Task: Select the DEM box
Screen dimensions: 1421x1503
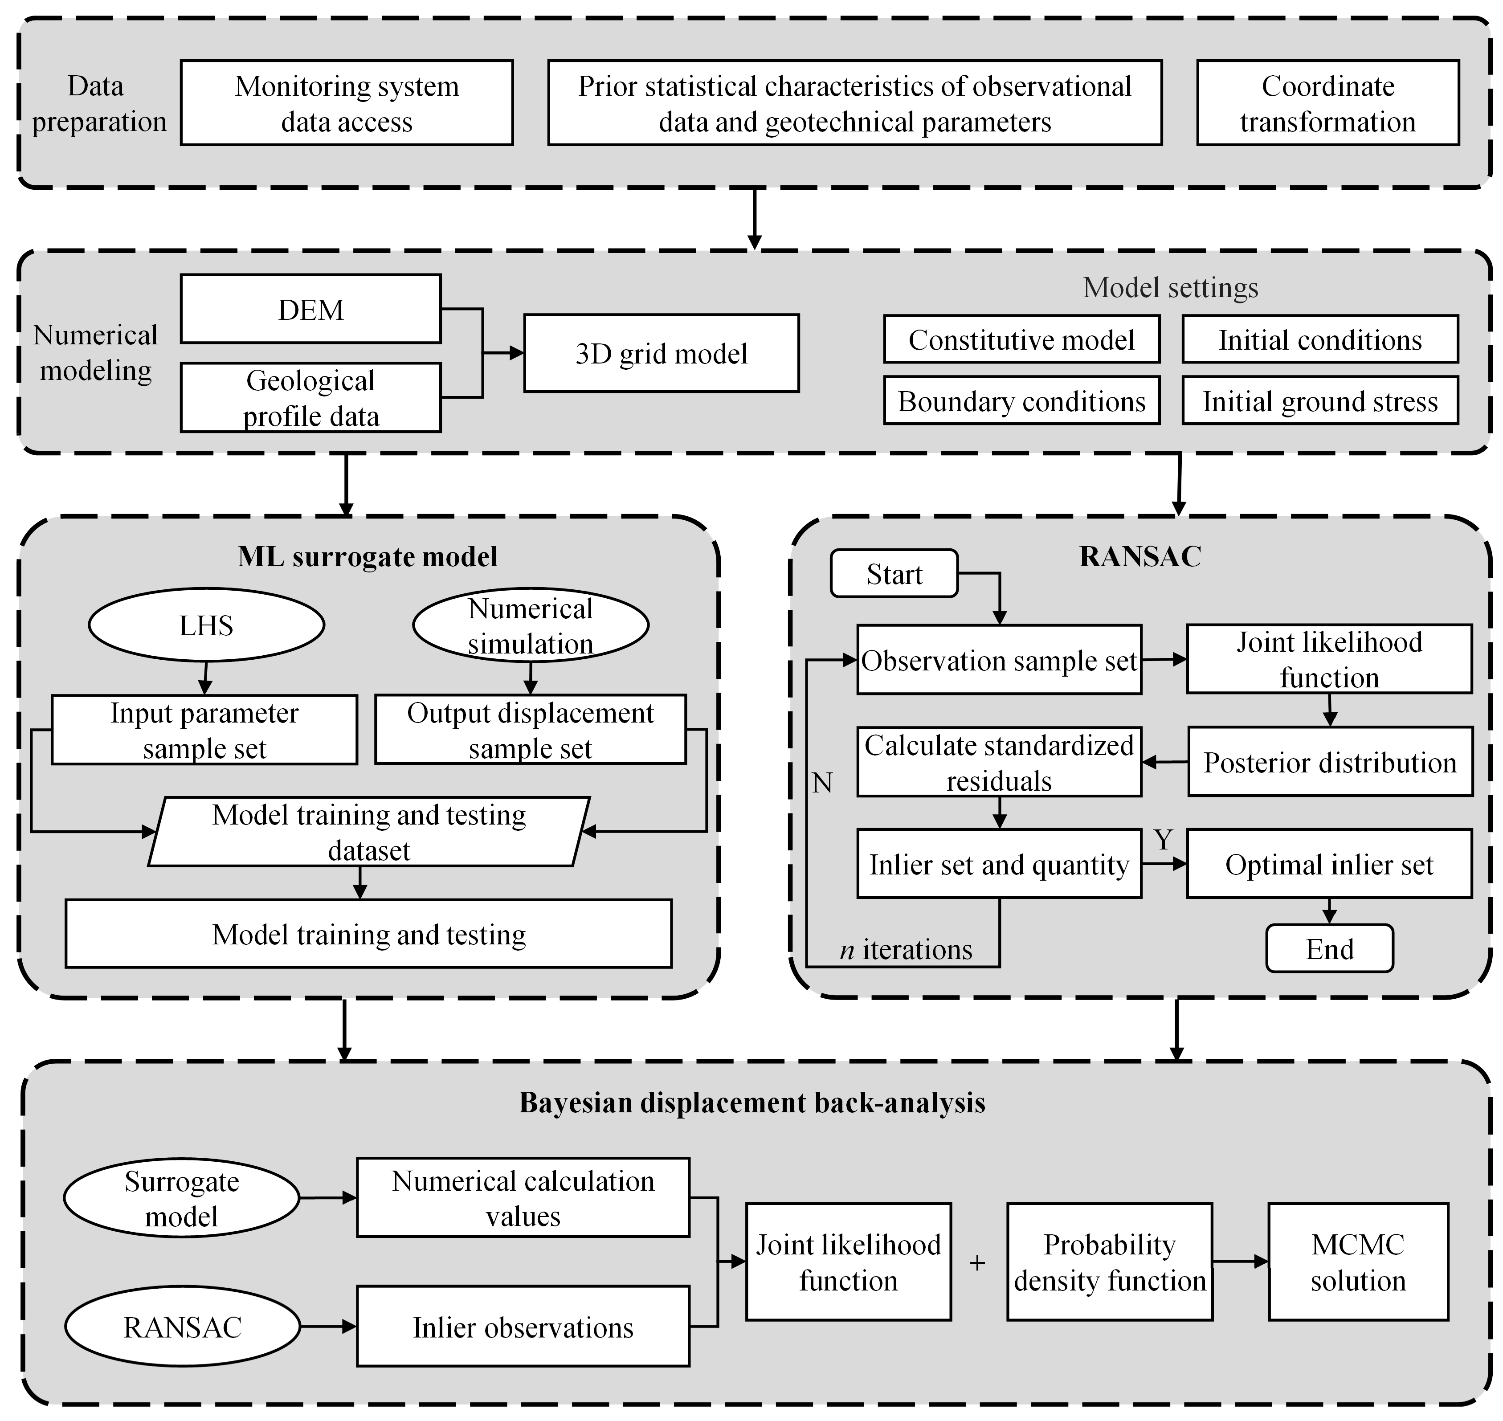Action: tap(310, 309)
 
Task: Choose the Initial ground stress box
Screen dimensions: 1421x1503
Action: tap(1319, 401)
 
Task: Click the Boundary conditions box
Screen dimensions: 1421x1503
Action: tap(1021, 401)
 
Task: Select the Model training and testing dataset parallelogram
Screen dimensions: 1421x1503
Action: tap(369, 832)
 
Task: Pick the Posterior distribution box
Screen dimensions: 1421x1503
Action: tap(1330, 762)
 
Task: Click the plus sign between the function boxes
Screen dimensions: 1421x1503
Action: tap(977, 1263)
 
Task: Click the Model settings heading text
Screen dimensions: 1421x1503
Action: tap(1170, 287)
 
